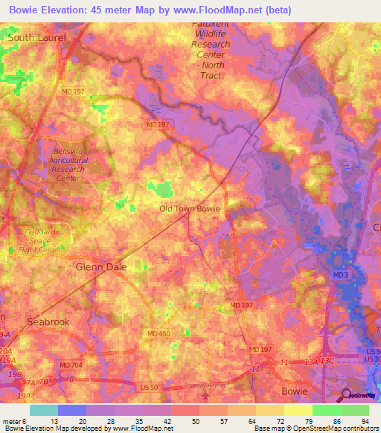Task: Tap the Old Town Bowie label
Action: point(190,209)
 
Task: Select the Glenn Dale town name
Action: point(101,266)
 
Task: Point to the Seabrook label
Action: point(48,321)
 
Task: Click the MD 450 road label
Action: point(159,334)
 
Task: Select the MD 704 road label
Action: point(71,365)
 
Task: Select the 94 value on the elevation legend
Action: point(364,420)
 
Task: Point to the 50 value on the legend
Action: point(194,420)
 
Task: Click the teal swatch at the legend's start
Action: point(44,410)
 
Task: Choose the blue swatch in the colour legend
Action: point(72,410)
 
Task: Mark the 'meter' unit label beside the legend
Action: point(12,420)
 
